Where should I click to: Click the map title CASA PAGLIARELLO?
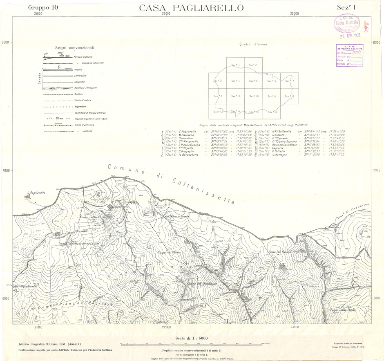click(192, 8)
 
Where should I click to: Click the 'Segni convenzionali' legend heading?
click(75, 47)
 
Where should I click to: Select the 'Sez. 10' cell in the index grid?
click(254, 96)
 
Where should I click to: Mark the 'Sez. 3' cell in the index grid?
click(218, 81)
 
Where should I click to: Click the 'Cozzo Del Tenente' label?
click(279, 251)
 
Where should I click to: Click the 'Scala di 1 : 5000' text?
click(192, 338)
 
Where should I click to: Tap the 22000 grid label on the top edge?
click(166, 13)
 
